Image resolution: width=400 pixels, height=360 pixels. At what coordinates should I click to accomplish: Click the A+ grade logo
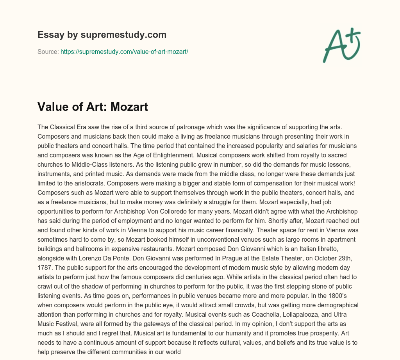(x=342, y=45)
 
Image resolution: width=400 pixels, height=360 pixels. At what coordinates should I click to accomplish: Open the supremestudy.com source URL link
(x=124, y=52)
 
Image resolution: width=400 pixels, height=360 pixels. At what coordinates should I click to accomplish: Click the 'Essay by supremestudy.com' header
(x=102, y=35)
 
